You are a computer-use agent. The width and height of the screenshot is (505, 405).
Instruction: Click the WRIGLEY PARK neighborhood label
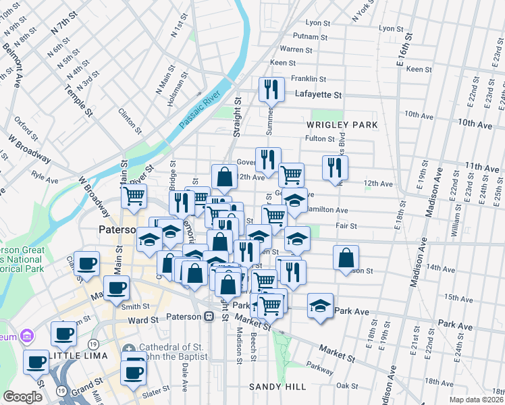click(341, 126)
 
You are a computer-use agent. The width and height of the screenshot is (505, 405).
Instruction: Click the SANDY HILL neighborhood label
click(277, 387)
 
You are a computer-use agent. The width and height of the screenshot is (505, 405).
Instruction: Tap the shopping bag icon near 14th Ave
click(346, 258)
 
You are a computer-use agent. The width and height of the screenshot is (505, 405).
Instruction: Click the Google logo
click(22, 397)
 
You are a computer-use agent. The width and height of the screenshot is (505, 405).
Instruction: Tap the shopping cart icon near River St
click(134, 196)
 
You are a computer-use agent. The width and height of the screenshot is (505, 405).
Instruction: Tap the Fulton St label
click(320, 138)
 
